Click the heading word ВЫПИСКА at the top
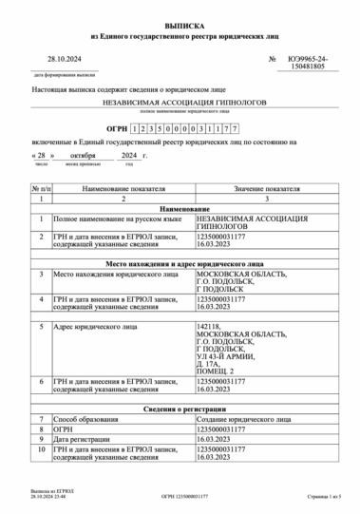point(180,17)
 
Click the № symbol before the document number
point(272,59)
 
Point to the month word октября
point(83,154)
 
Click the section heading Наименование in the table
point(185,207)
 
